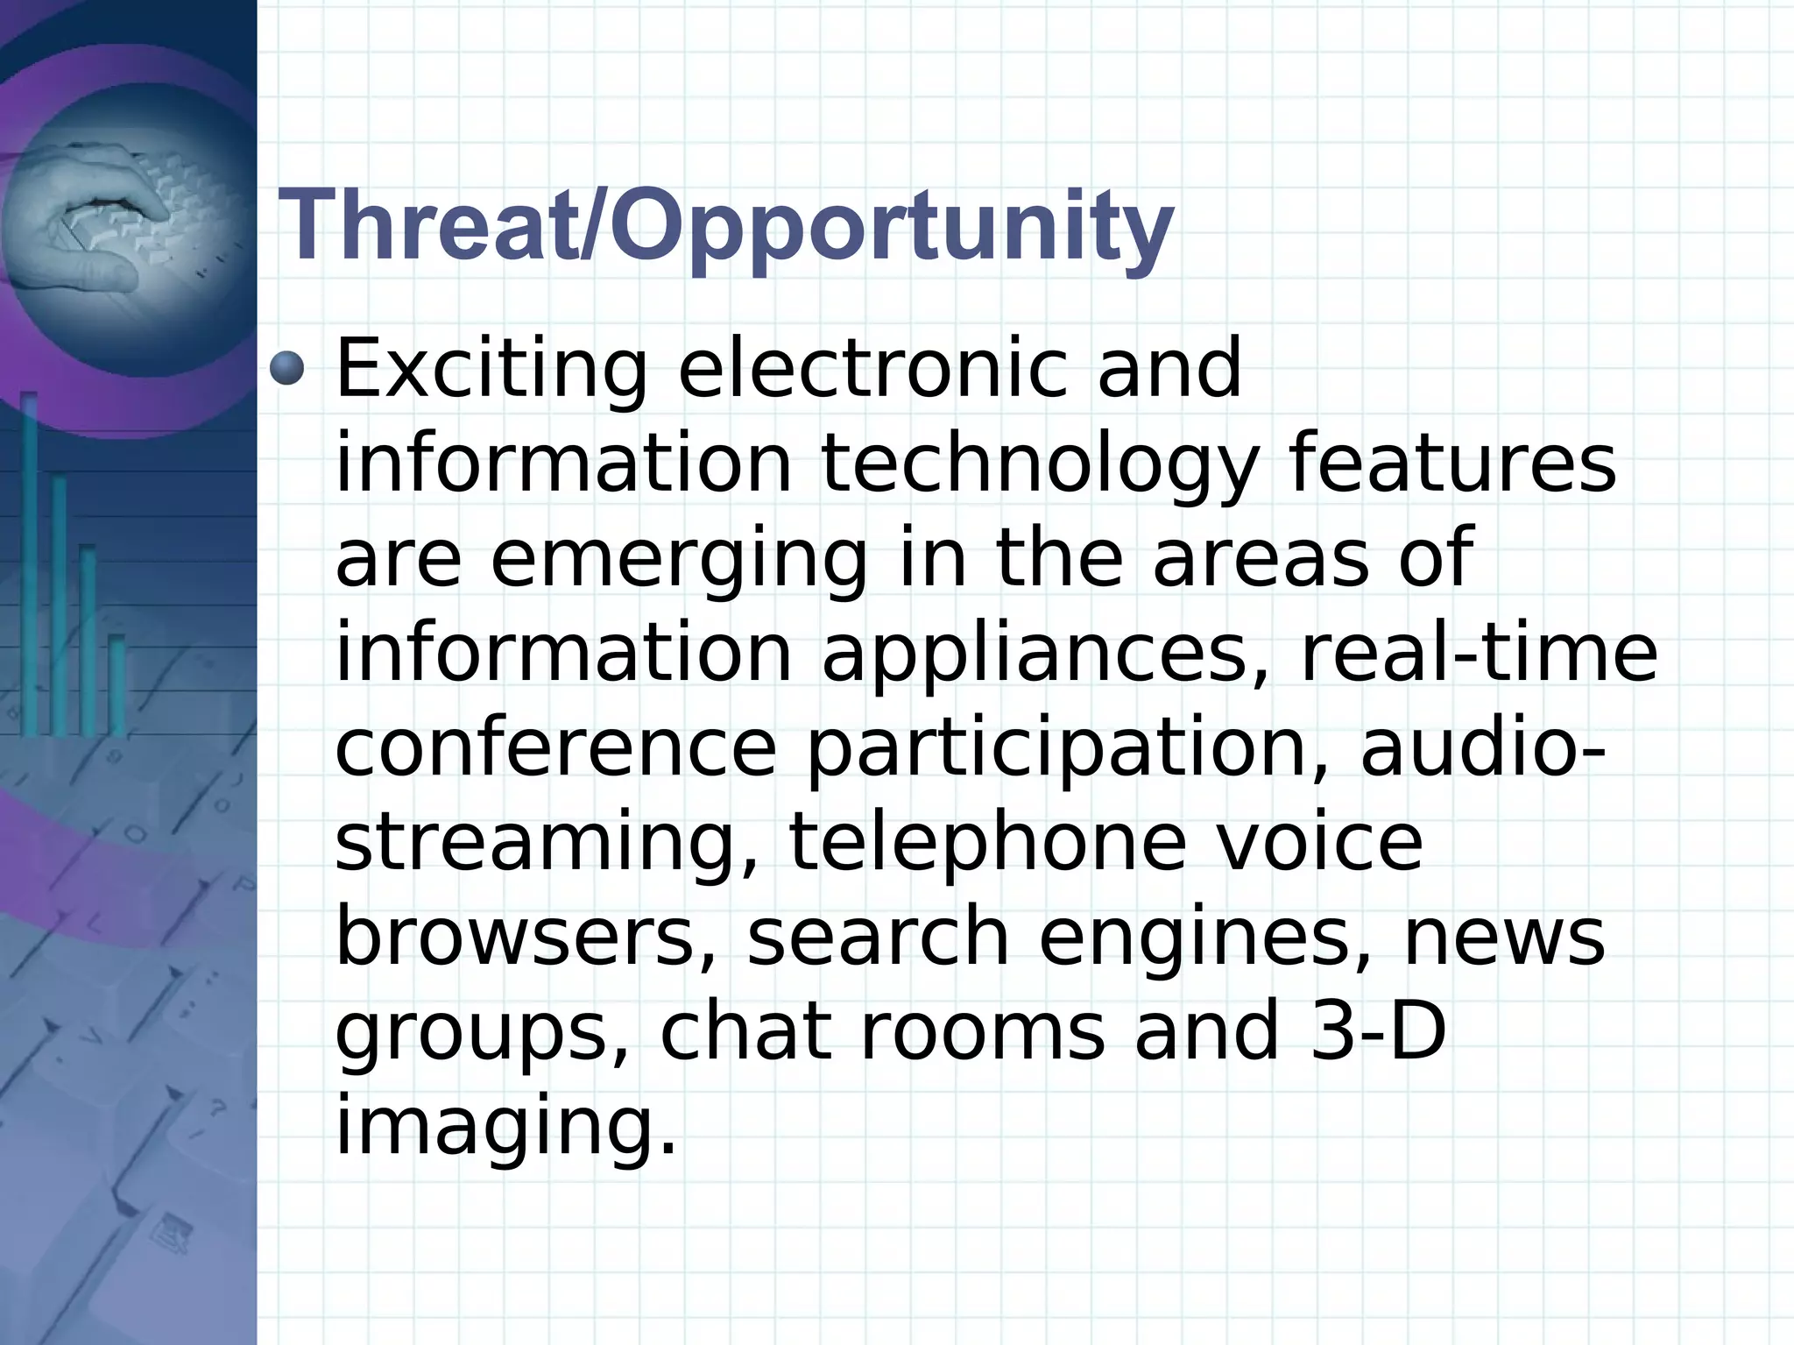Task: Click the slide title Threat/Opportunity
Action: tap(725, 227)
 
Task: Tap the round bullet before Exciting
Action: tap(286, 368)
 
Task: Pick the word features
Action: tap(1451, 464)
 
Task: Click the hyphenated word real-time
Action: tap(1479, 653)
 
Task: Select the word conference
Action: tap(555, 749)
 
